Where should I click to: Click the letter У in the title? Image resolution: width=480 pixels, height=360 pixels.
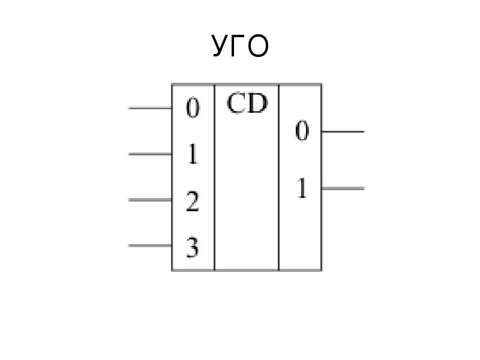pyautogui.click(x=221, y=46)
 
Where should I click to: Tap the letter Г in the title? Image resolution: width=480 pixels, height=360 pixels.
pyautogui.click(x=239, y=46)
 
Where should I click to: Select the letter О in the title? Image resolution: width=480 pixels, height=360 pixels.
pyautogui.click(x=258, y=46)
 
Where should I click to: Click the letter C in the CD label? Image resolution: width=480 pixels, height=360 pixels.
pyautogui.click(x=236, y=103)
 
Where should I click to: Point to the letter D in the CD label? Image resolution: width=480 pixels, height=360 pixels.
pyautogui.click(x=257, y=103)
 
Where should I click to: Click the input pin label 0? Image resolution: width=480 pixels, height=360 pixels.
pyautogui.click(x=193, y=108)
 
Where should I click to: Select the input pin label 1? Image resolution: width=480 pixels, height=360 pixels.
pyautogui.click(x=193, y=154)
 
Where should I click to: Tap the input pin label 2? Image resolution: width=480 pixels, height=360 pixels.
pyautogui.click(x=193, y=201)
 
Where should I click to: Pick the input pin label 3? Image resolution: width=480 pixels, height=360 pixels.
pyautogui.click(x=193, y=247)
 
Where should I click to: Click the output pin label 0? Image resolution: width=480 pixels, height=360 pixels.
pyautogui.click(x=302, y=131)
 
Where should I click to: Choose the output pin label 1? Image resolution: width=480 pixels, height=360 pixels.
pyautogui.click(x=302, y=188)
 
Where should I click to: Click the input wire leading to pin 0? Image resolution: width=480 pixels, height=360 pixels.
pyautogui.click(x=150, y=108)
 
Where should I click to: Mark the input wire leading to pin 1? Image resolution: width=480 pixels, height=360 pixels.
pyautogui.click(x=150, y=154)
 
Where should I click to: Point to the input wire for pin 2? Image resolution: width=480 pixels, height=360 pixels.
pyautogui.click(x=150, y=200)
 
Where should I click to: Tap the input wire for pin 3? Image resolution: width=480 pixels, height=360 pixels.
pyautogui.click(x=150, y=245)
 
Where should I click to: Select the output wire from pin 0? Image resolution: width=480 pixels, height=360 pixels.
pyautogui.click(x=343, y=131)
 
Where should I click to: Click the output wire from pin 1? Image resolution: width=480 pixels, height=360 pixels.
pyautogui.click(x=343, y=188)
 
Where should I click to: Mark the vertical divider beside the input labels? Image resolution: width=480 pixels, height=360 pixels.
pyautogui.click(x=215, y=177)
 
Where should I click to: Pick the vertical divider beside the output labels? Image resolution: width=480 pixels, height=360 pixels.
pyautogui.click(x=279, y=177)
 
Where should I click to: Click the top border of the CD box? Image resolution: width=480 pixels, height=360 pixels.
pyautogui.click(x=247, y=84)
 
